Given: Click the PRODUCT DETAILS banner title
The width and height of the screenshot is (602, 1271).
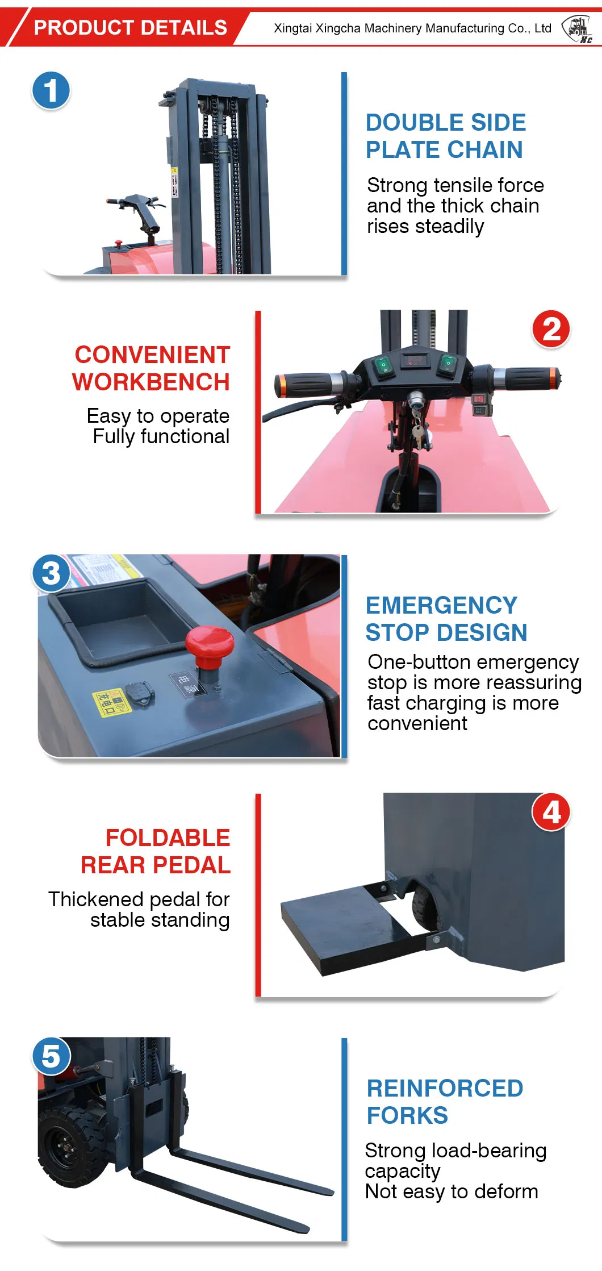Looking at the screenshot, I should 130,27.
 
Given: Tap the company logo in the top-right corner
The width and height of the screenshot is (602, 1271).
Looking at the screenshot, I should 577,29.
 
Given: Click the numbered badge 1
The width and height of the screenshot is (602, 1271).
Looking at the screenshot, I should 51,90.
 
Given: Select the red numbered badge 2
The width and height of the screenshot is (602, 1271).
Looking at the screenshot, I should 551,329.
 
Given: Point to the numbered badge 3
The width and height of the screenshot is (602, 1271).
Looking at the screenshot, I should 51,573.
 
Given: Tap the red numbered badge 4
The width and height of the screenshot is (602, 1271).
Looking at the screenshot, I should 551,812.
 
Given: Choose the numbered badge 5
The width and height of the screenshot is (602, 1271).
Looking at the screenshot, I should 51,1056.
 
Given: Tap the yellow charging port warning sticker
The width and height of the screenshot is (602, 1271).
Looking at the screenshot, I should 111,703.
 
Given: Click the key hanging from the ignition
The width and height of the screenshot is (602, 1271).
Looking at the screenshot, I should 419,435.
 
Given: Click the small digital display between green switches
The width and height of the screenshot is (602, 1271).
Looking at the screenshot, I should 414,360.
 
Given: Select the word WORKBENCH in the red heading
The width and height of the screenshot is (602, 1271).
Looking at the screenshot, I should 151,382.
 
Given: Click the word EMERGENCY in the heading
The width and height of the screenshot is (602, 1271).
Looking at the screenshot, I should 441,605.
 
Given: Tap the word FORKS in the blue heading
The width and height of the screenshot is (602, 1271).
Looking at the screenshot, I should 407,1115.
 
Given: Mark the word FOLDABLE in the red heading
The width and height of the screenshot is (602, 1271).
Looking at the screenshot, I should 168,837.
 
